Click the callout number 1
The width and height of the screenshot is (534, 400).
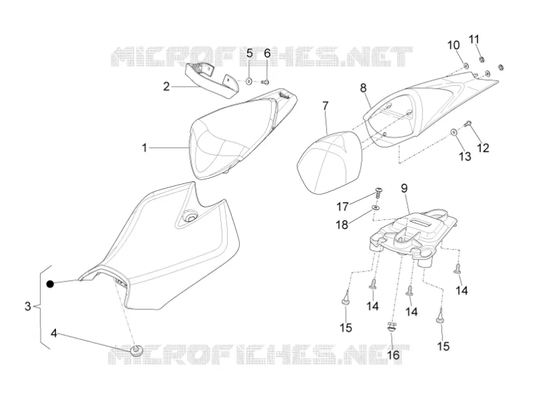[x=144, y=148]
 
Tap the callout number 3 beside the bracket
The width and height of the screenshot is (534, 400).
[x=28, y=306]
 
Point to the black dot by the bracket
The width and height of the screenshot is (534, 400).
[x=50, y=284]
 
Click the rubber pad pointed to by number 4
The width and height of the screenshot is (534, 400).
[x=137, y=350]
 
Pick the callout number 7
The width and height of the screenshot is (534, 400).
[x=326, y=106]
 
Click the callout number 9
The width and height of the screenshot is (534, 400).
[x=405, y=188]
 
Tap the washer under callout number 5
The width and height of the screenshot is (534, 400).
[x=249, y=81]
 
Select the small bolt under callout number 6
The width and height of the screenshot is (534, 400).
[x=266, y=81]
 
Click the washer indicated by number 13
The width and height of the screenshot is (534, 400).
[x=454, y=131]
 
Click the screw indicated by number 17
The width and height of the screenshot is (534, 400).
[x=378, y=192]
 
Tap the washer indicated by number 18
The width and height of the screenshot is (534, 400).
[x=376, y=207]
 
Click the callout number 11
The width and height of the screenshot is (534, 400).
[x=474, y=39]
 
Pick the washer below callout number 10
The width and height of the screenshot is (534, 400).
[x=465, y=64]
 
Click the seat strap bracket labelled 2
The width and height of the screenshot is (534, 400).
[x=212, y=80]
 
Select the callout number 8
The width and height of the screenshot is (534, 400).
[x=363, y=88]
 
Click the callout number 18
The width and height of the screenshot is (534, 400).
[x=342, y=225]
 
